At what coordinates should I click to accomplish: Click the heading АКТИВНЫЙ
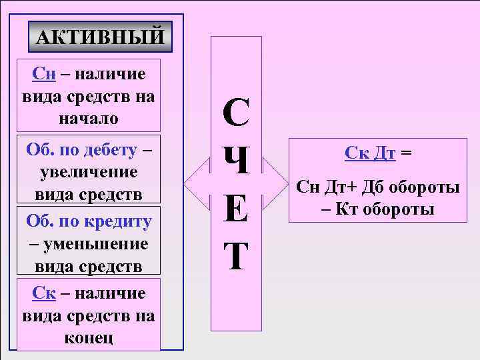pyautogui.click(x=99, y=37)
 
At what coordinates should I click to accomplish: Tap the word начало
pyautogui.click(x=89, y=119)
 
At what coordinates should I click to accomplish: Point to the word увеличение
pyautogui.click(x=89, y=172)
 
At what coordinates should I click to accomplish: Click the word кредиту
pyautogui.click(x=116, y=221)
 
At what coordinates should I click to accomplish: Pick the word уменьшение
pyautogui.click(x=95, y=243)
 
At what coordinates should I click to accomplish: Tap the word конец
pyautogui.click(x=89, y=337)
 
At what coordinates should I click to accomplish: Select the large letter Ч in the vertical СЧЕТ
pyautogui.click(x=237, y=161)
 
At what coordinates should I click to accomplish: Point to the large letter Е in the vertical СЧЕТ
pyautogui.click(x=237, y=208)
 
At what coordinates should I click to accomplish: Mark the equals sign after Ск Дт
pyautogui.click(x=406, y=153)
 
